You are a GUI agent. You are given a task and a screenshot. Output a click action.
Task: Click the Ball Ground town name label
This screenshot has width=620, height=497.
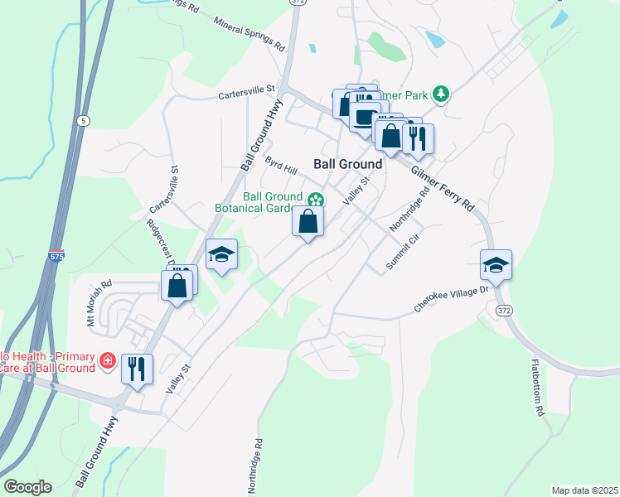(348, 164)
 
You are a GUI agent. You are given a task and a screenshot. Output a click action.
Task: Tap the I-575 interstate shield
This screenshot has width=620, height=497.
(56, 257)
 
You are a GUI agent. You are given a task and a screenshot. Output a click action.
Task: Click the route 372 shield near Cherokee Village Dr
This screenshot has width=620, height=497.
(504, 309)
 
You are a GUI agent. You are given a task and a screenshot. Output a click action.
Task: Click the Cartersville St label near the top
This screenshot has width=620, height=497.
(246, 94)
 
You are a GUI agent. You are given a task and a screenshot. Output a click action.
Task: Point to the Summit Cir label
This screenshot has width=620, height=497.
(404, 252)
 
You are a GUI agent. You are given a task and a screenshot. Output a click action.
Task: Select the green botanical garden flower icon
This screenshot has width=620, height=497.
(316, 200)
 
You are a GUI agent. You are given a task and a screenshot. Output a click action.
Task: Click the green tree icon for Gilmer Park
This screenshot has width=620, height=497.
(442, 94)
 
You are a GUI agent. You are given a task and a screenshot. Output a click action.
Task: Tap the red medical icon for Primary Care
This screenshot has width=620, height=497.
(107, 361)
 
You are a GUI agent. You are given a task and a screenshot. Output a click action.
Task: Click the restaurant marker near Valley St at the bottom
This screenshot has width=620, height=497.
(138, 369)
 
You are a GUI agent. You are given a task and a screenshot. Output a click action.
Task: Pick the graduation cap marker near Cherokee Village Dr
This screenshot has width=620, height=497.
(496, 265)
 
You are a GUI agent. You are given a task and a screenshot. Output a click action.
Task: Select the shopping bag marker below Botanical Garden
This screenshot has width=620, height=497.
(308, 222)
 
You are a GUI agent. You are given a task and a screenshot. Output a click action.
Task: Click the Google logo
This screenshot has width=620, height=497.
(27, 487)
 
